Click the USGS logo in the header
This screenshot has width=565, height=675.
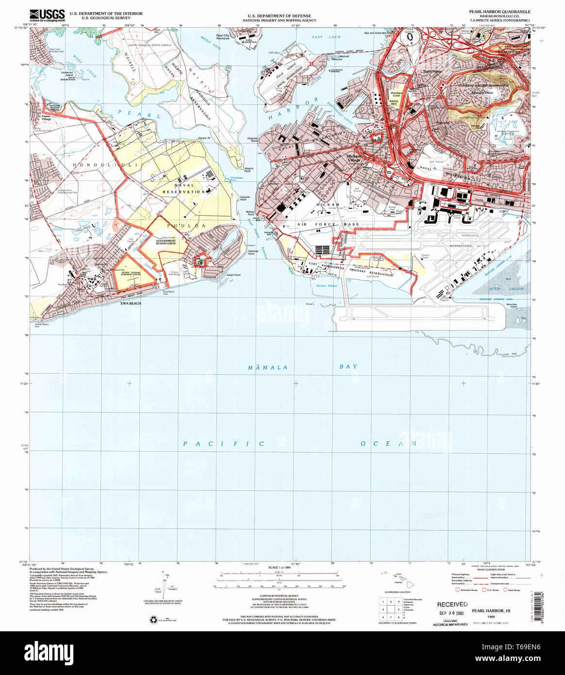coord(47,15)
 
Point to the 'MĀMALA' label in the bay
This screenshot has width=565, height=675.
coord(268,368)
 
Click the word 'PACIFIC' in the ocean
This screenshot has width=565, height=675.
coord(224,444)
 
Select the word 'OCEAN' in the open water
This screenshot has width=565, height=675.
coord(388,444)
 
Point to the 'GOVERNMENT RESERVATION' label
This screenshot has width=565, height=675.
coord(166,241)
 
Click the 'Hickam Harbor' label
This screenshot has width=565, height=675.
coord(326,286)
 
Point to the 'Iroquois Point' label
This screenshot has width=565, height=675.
coord(244,198)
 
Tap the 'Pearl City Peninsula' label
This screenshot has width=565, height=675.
coord(223,36)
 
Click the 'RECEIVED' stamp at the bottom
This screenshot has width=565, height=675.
coord(452,605)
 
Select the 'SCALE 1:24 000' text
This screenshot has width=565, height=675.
coord(279,567)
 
